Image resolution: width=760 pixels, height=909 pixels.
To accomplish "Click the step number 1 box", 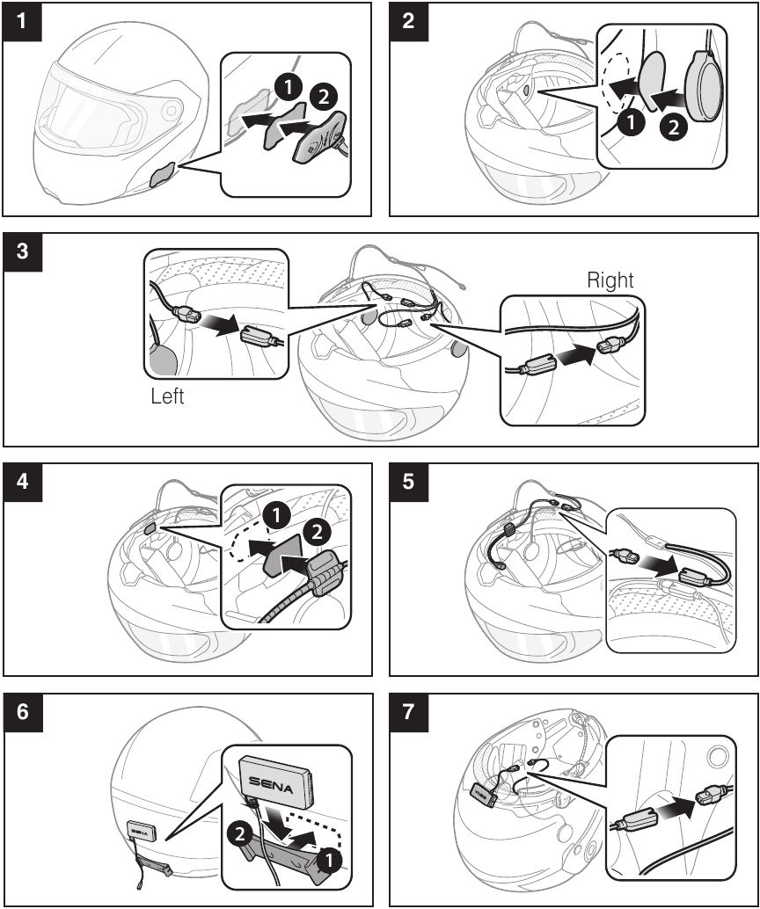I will point(21,21).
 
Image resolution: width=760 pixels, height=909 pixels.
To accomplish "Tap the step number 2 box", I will point(408,21).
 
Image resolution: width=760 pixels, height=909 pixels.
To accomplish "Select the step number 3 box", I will point(21,252).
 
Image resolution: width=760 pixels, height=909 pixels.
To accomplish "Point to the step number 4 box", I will point(21,483).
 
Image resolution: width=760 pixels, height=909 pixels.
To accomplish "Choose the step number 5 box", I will point(408,483).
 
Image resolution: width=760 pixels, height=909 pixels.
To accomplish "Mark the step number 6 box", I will point(21,713).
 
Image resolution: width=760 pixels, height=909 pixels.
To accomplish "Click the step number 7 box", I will point(408,713).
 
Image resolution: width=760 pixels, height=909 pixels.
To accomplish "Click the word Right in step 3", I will point(610,280).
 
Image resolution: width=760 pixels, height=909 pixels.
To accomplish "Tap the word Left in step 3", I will point(166,396).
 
